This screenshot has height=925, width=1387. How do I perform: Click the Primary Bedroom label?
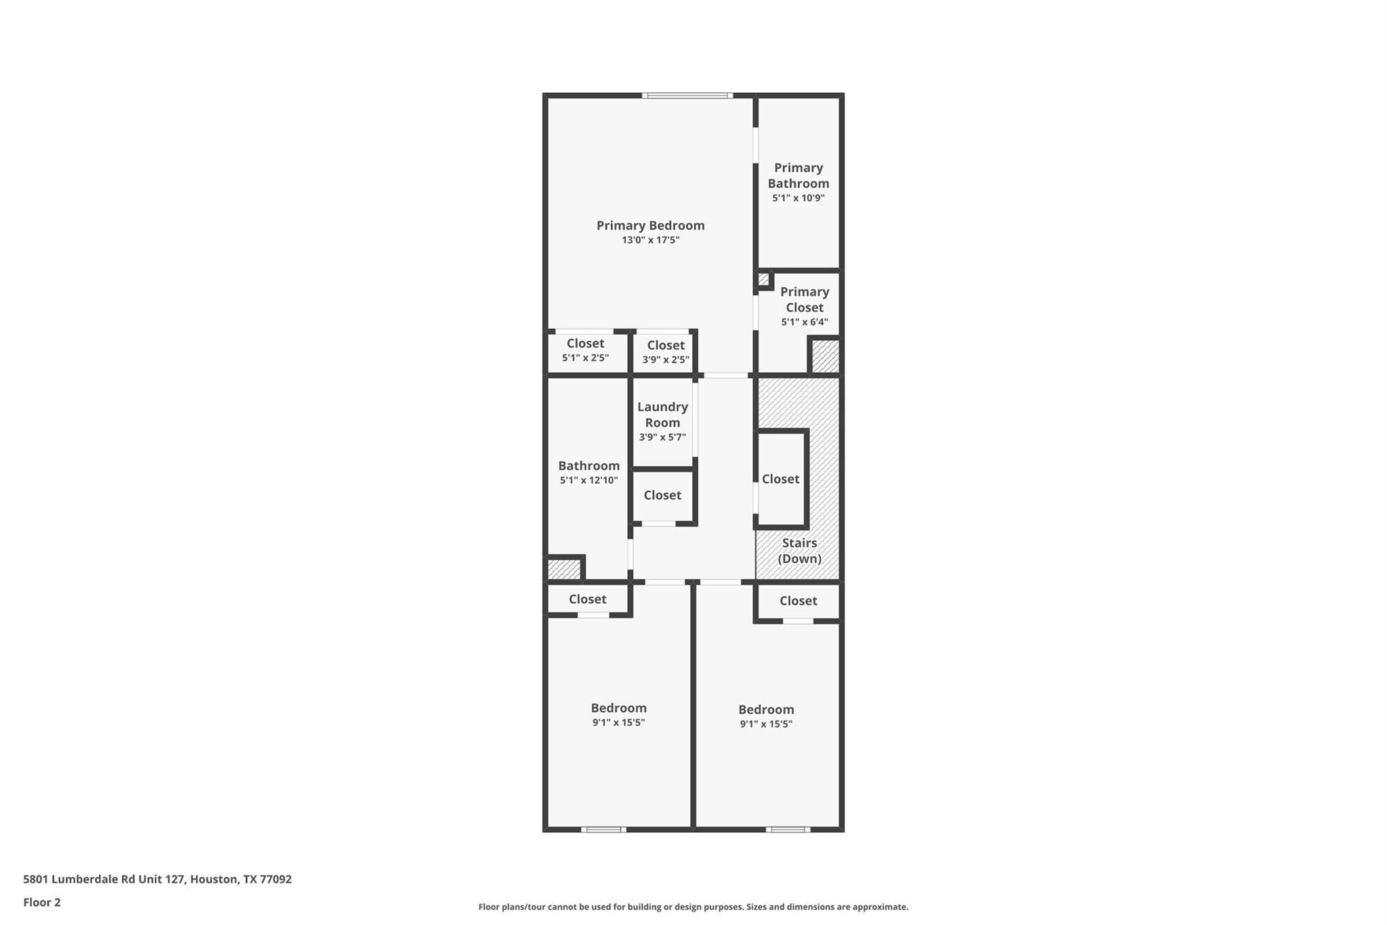point(650,225)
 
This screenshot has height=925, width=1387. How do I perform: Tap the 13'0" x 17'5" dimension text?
point(650,240)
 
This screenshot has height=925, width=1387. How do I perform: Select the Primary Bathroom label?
point(798,176)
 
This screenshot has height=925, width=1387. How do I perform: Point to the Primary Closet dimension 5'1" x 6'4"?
point(805,323)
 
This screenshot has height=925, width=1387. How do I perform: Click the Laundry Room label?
point(662,414)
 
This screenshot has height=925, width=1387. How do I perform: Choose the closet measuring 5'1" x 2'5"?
point(585,350)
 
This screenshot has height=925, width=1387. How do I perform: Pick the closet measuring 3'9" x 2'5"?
point(665,352)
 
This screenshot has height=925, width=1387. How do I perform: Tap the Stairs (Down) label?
point(799,550)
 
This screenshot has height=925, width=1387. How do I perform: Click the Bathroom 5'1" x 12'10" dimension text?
point(589,480)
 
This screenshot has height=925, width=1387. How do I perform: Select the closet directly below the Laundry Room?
point(662,495)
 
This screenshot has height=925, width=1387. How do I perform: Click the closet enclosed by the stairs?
point(780,479)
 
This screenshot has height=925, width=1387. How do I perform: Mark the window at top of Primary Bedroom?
point(687,96)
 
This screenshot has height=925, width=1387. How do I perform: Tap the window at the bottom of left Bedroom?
point(603,829)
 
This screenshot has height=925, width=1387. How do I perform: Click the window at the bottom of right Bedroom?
point(788,829)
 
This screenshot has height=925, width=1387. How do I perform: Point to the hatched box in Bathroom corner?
point(564,569)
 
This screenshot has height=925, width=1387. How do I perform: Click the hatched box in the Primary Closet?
point(825,356)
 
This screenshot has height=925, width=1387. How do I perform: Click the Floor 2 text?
point(42,902)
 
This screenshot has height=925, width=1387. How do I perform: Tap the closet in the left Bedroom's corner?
point(587,599)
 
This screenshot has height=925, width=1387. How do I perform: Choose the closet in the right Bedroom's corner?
point(798,600)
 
